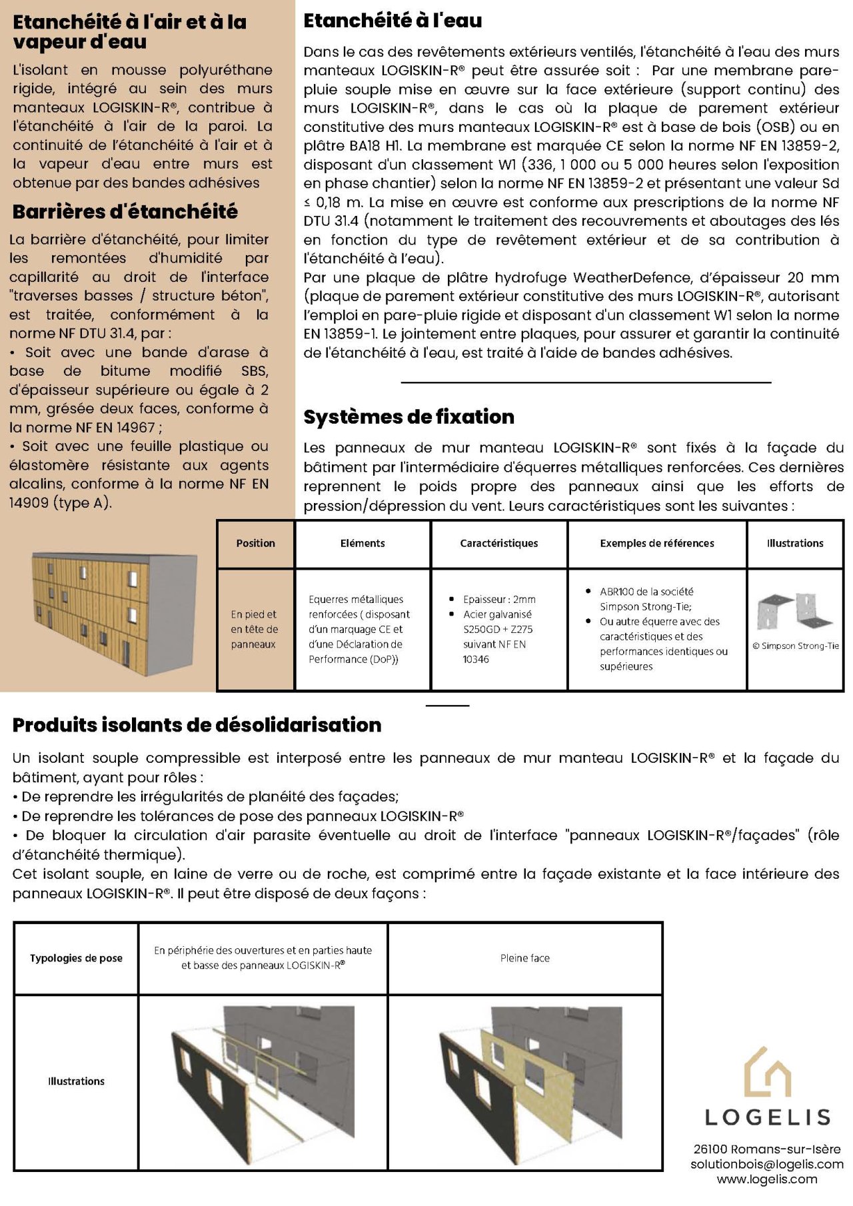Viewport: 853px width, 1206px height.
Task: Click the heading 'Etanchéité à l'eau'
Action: (393, 21)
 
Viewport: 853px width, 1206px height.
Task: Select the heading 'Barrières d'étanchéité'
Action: (125, 211)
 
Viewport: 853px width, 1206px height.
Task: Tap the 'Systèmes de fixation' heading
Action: (409, 416)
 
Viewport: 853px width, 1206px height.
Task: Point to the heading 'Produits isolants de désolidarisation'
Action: (197, 724)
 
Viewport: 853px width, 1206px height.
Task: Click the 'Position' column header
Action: (255, 543)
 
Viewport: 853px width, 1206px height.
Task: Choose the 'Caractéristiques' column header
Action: (498, 543)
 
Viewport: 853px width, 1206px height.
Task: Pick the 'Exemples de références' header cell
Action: (656, 543)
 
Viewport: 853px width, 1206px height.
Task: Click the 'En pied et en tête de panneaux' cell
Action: (254, 629)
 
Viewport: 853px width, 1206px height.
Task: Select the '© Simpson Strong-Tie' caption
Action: (795, 646)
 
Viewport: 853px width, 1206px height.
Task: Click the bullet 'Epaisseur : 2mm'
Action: (499, 599)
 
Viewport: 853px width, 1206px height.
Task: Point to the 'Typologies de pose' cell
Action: (76, 958)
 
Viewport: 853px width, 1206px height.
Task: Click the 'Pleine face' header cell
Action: (524, 958)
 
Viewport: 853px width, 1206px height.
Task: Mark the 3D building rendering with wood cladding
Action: (115, 613)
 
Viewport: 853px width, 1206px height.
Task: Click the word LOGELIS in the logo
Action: (767, 1117)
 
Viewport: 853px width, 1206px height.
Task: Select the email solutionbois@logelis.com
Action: (766, 1164)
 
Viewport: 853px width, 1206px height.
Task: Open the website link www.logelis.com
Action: (766, 1179)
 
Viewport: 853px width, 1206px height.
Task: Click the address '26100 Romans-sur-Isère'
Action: (766, 1149)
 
